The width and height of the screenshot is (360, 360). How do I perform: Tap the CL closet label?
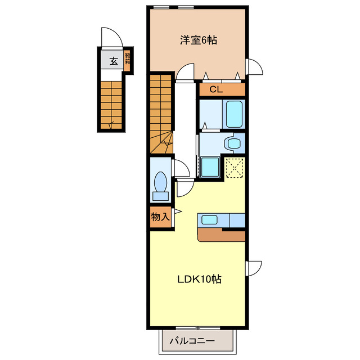[217, 89]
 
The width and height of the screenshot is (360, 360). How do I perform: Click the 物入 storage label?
[160, 217]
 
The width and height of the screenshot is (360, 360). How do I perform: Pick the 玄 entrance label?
[113, 61]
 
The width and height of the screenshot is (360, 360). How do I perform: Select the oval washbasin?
[232, 143]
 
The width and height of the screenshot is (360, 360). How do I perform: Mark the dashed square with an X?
[235, 167]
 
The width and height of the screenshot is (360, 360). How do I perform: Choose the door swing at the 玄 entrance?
[111, 38]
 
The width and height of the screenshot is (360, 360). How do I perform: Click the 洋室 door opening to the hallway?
[185, 73]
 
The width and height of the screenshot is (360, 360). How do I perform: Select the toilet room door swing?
[181, 168]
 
